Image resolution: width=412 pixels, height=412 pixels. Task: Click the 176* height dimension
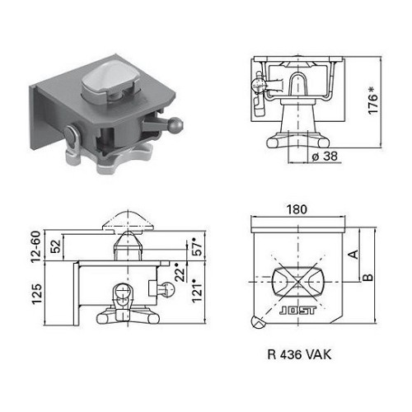(373, 101)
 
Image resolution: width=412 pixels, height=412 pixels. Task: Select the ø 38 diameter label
(325, 156)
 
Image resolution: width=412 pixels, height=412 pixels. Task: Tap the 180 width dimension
(297, 209)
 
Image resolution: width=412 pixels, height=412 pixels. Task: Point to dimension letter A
(354, 254)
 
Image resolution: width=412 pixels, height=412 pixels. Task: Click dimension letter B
(368, 277)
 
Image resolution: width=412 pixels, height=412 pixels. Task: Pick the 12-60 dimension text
(36, 246)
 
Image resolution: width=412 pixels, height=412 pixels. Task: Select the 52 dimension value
(55, 246)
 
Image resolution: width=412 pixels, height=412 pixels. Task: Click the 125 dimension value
(37, 294)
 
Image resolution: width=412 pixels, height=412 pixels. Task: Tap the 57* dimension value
(197, 247)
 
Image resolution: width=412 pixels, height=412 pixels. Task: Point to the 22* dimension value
(180, 272)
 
